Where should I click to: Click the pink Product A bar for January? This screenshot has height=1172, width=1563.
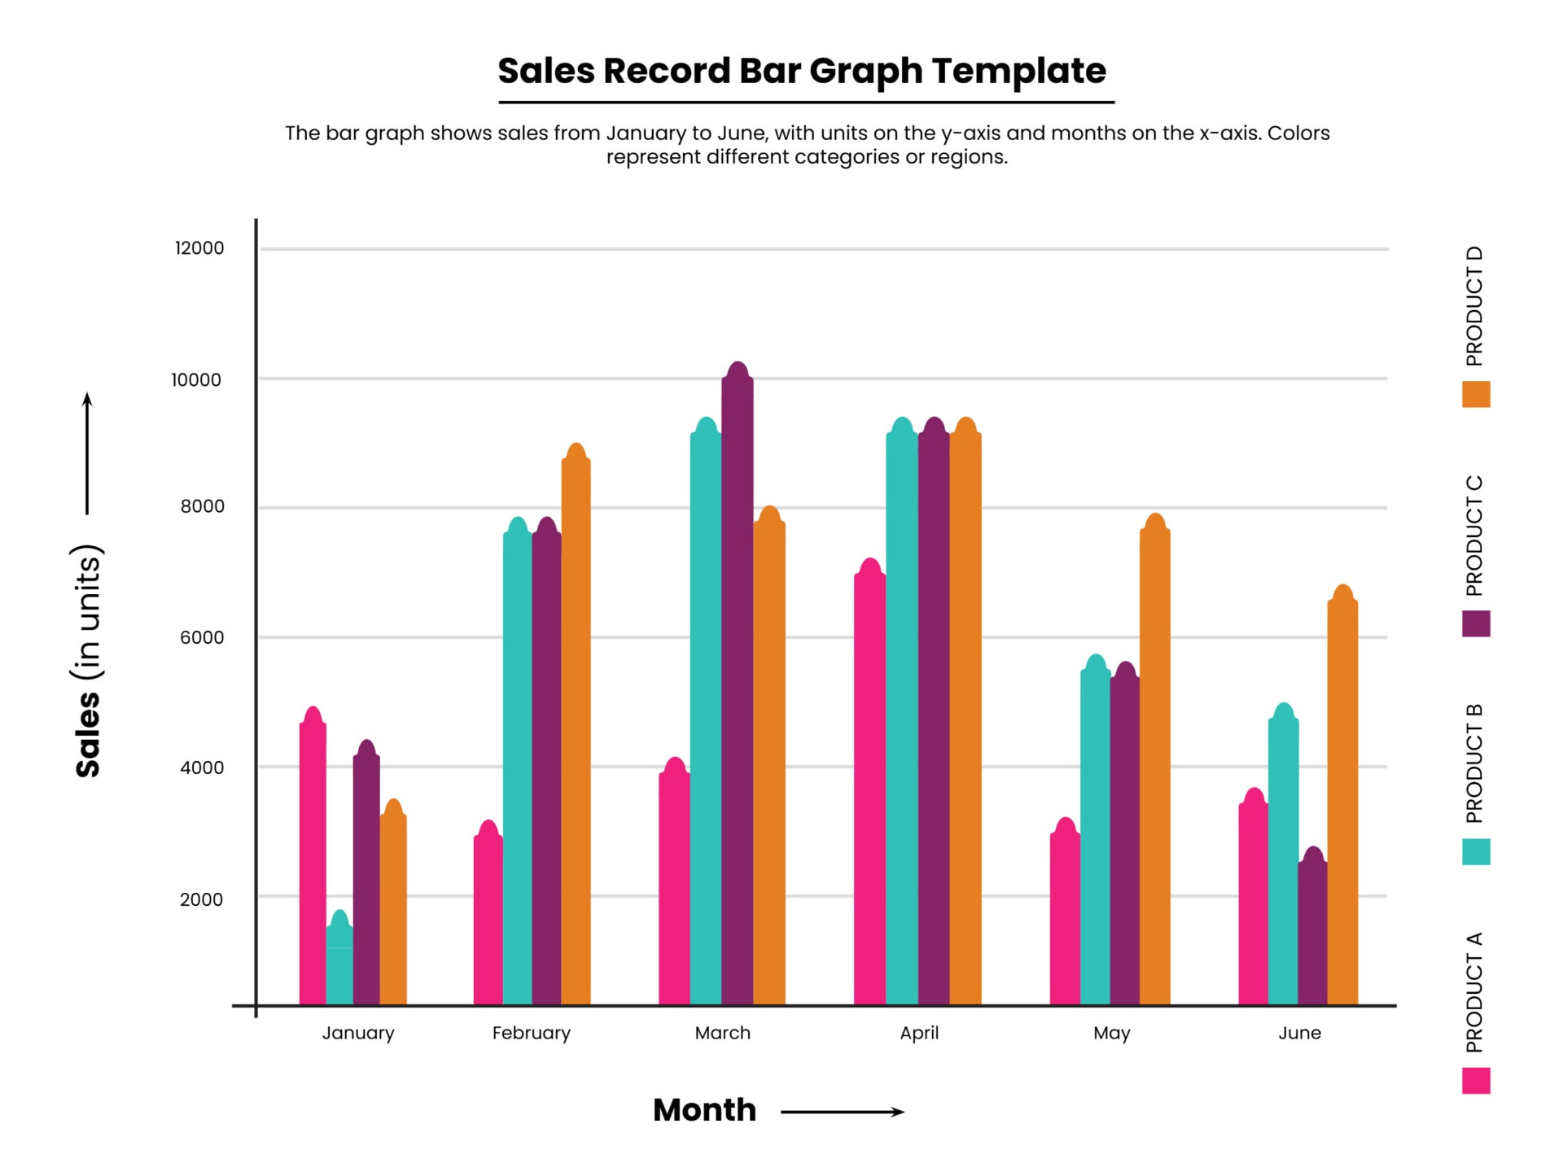tap(313, 863)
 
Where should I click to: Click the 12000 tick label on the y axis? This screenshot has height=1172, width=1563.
tap(199, 248)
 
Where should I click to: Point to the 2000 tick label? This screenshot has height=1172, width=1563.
tap(201, 899)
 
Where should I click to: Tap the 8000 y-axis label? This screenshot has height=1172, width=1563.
tap(202, 506)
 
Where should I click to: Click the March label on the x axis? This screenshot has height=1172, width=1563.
tap(722, 1033)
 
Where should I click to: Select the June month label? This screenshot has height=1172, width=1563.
tap(1299, 1033)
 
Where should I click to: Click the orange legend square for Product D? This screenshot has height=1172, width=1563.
tap(1476, 394)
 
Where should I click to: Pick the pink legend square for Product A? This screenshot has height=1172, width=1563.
tap(1476, 1081)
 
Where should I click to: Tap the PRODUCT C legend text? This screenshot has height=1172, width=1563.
tap(1474, 536)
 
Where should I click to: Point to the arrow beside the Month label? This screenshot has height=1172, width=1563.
tap(843, 1112)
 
